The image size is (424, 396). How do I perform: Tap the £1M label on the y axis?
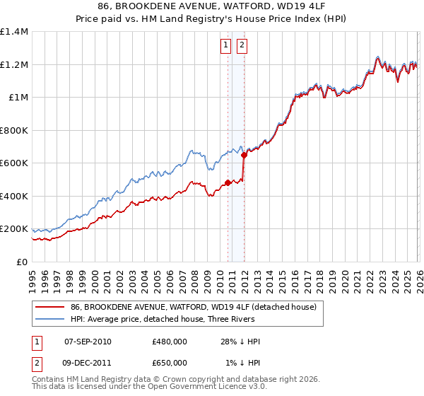pyautogui.click(x=18, y=98)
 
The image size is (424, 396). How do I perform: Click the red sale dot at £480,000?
pyautogui.click(x=228, y=183)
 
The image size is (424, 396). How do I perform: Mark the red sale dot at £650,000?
pyautogui.click(x=244, y=155)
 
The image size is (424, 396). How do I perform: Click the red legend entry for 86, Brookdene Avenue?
pyautogui.click(x=197, y=308)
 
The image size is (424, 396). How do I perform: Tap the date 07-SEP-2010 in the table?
pyautogui.click(x=88, y=342)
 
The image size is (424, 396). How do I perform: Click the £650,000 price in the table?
pyautogui.click(x=170, y=362)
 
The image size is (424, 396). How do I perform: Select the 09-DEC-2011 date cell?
pyautogui.click(x=88, y=362)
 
